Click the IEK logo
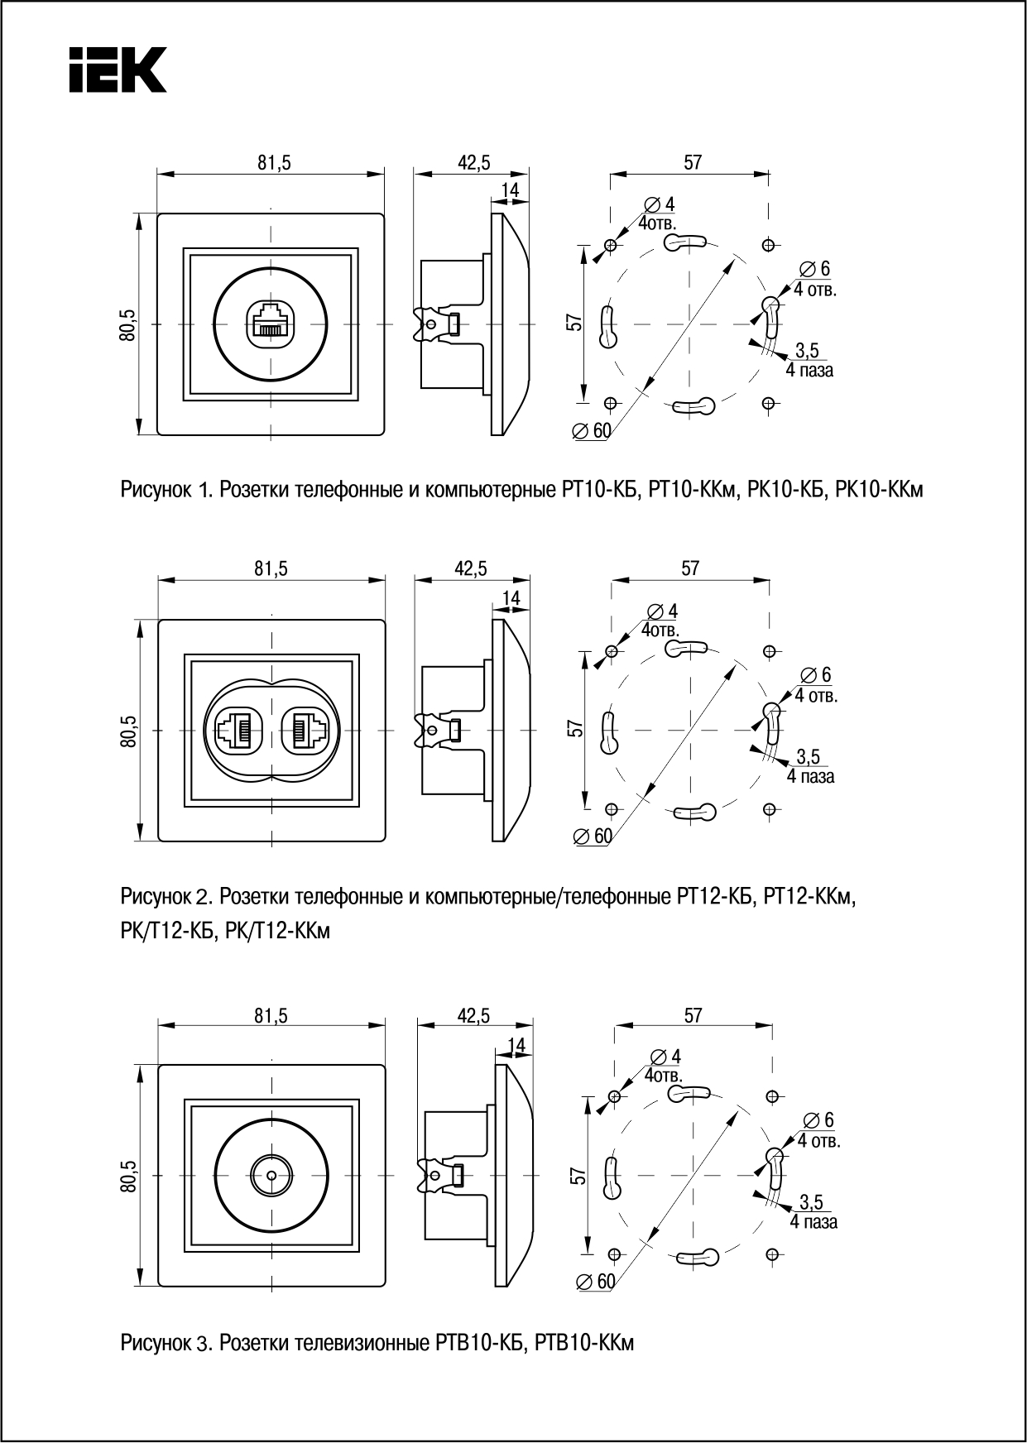pos(118,69)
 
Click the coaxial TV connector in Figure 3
pos(269,1174)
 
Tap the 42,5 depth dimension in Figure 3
pos(473,1015)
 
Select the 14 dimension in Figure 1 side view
pos(510,190)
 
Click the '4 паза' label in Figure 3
pos(813,1222)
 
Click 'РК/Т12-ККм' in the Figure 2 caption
pos(277,932)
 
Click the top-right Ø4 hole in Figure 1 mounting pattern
pos(769,245)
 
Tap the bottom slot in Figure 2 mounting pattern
pos(693,813)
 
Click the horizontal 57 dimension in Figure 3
pos(693,1015)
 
